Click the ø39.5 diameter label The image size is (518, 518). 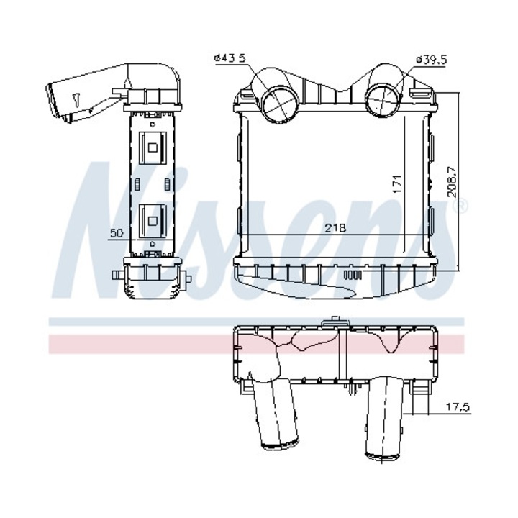(x=431, y=60)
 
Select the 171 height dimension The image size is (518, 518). (x=396, y=183)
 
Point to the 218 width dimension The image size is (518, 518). (x=336, y=228)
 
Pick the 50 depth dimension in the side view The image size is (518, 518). (x=116, y=233)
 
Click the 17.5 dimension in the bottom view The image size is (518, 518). (x=457, y=407)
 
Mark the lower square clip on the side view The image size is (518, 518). (x=153, y=218)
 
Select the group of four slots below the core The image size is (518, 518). (x=352, y=274)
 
